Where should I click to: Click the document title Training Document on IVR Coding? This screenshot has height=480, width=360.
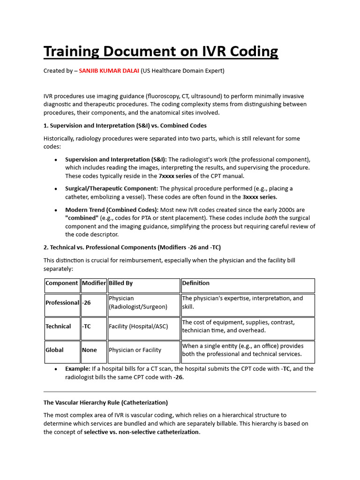161,51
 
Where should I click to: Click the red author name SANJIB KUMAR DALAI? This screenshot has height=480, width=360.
109,71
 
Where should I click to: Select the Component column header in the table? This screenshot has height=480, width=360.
62,283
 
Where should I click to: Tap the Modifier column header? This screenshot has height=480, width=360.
94,283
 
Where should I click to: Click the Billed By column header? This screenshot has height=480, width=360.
121,283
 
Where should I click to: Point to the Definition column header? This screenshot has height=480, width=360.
195,283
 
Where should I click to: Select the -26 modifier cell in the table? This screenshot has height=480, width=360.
87,303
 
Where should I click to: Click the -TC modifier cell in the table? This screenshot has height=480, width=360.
88,326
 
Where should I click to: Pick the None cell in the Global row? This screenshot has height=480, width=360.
89,350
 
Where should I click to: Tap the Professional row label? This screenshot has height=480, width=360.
62,303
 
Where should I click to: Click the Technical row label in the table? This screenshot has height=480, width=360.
58,326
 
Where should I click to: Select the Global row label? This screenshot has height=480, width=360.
54,350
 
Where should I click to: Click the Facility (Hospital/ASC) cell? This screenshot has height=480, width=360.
138,326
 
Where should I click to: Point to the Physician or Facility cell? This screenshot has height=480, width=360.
135,350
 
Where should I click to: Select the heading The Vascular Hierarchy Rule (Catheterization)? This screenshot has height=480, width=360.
105,403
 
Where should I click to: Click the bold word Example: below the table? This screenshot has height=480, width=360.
78,369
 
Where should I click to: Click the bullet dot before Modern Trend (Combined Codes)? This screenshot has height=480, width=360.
56,210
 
